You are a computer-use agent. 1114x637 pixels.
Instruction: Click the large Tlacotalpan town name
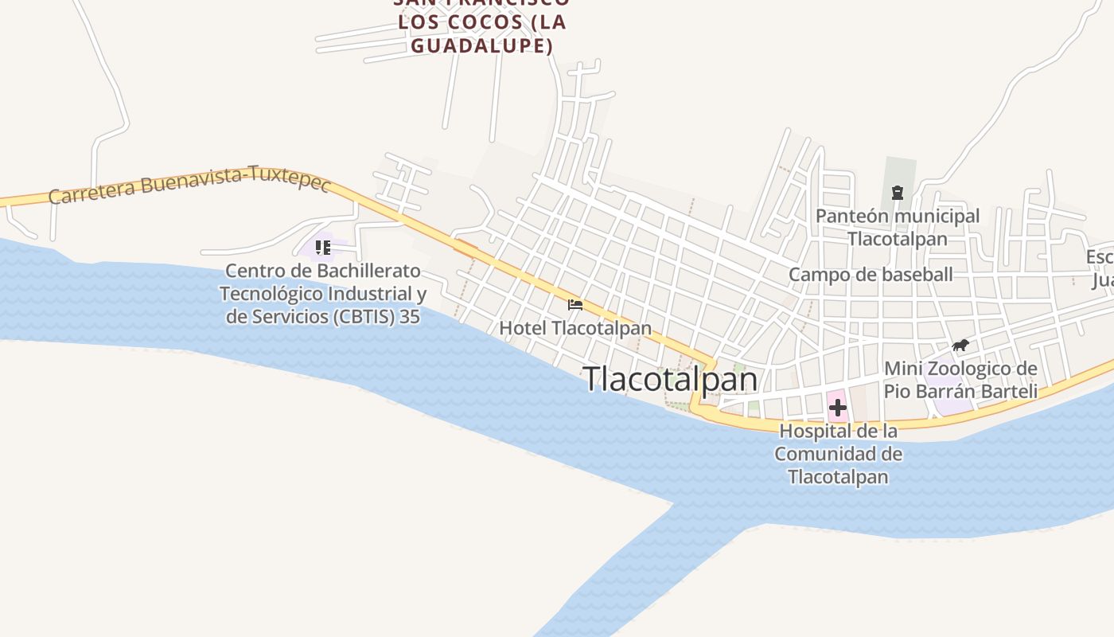click(x=671, y=379)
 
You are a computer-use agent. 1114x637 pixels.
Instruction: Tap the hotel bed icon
click(x=575, y=305)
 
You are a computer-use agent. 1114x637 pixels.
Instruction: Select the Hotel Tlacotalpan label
click(x=575, y=328)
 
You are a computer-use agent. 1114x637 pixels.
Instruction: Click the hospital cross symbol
click(x=837, y=408)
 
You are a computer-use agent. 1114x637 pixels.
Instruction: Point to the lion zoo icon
click(x=960, y=346)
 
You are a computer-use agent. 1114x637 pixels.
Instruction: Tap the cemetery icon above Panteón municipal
click(x=898, y=193)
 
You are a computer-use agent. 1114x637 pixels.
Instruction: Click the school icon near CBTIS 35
click(x=322, y=248)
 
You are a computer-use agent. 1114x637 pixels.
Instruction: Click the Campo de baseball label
click(x=871, y=275)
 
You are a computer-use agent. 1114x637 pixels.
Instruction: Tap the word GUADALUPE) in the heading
click(x=482, y=45)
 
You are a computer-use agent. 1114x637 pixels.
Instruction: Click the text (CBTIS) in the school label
click(x=364, y=316)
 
